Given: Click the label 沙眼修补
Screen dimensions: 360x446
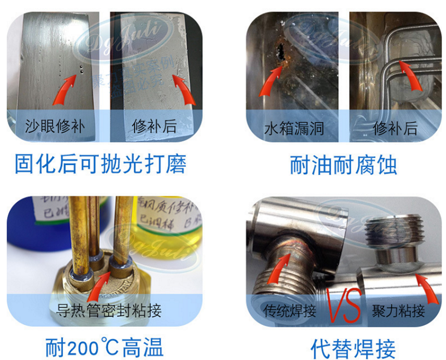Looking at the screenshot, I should pyautogui.click(x=55, y=126).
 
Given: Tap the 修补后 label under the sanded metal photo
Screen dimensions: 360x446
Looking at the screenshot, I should pyautogui.click(x=154, y=126).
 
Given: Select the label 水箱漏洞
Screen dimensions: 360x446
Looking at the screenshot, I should pyautogui.click(x=294, y=129).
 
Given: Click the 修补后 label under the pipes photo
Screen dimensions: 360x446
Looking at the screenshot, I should pyautogui.click(x=395, y=129).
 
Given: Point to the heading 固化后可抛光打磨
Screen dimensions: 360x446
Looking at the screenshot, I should pyautogui.click(x=100, y=164).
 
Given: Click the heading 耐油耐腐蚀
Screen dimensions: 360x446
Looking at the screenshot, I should pyautogui.click(x=343, y=166).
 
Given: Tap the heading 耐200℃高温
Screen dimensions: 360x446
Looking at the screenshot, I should pyautogui.click(x=104, y=348).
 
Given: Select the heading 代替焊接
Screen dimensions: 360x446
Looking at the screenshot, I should pyautogui.click(x=353, y=349).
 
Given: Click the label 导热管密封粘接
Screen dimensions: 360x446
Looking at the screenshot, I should pyautogui.click(x=109, y=310).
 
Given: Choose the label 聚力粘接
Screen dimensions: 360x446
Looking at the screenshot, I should pyautogui.click(x=398, y=310).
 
